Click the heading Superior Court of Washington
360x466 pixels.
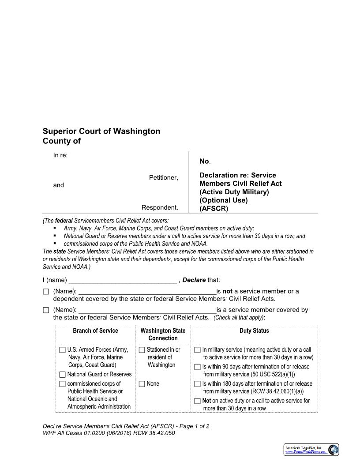click(x=101, y=131)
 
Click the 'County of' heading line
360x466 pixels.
click(x=62, y=141)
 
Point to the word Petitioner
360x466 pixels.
click(x=163, y=177)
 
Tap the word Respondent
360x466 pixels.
click(x=160, y=207)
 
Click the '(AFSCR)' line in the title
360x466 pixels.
click(x=214, y=209)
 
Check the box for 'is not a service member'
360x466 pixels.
click(x=46, y=292)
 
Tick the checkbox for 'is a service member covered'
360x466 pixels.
click(x=46, y=310)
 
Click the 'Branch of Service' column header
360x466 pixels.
click(x=95, y=331)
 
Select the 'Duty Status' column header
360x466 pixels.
click(x=254, y=331)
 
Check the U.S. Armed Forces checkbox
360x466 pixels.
click(x=63, y=350)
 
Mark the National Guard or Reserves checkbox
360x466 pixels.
click(x=63, y=375)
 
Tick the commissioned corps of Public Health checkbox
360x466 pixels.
click(x=63, y=384)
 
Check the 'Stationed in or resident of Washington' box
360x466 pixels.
click(x=142, y=350)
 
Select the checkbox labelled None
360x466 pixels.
click(x=142, y=384)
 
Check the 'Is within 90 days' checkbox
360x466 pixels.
click(x=198, y=367)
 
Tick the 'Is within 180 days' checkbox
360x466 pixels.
click(x=198, y=384)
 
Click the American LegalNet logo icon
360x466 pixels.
click(x=334, y=450)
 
